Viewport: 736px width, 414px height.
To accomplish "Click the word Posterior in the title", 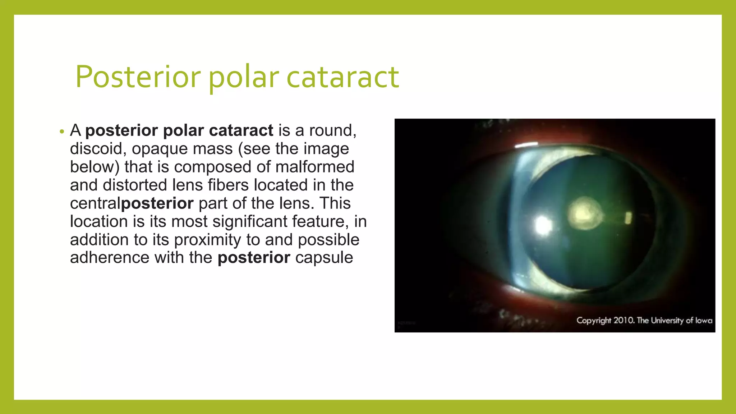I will pyautogui.click(x=138, y=77).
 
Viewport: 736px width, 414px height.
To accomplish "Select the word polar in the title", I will pyautogui.click(x=243, y=77).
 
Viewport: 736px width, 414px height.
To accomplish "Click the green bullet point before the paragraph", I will pyautogui.click(x=62, y=132).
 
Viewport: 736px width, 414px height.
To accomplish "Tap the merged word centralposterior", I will pyautogui.click(x=132, y=203).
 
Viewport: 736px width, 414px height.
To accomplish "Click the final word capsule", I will pyautogui.click(x=324, y=258).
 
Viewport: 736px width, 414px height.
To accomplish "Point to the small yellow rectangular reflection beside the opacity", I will pyautogui.click(x=628, y=218).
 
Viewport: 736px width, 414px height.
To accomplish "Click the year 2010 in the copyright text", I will pyautogui.click(x=624, y=320).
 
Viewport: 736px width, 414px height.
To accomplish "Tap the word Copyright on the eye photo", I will pyautogui.click(x=594, y=320).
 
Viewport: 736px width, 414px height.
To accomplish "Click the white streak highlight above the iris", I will pyautogui.click(x=526, y=145).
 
